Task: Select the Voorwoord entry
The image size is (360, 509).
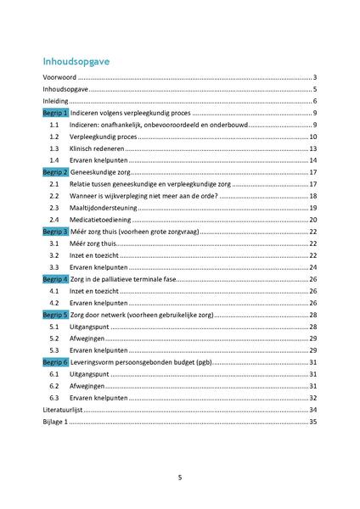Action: point(60,77)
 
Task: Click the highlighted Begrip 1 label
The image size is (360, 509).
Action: point(56,113)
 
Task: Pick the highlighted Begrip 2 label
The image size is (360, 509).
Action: point(56,172)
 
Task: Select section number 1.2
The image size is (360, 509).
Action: point(54,137)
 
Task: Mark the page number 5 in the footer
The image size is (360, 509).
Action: point(179,477)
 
